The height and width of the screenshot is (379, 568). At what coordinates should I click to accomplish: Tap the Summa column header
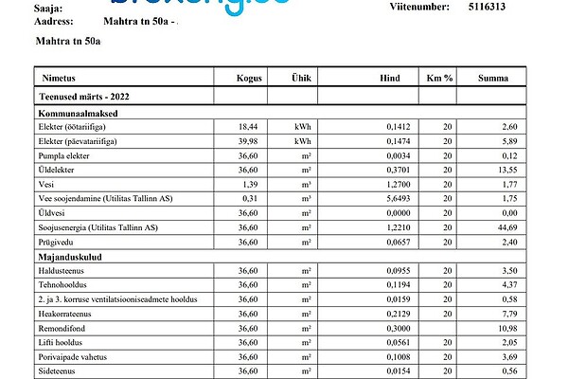(x=492, y=79)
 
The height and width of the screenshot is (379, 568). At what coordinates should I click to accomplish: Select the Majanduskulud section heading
(x=69, y=256)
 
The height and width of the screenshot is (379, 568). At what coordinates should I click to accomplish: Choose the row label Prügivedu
(x=56, y=242)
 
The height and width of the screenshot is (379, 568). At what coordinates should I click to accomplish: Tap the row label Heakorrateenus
(x=65, y=314)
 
